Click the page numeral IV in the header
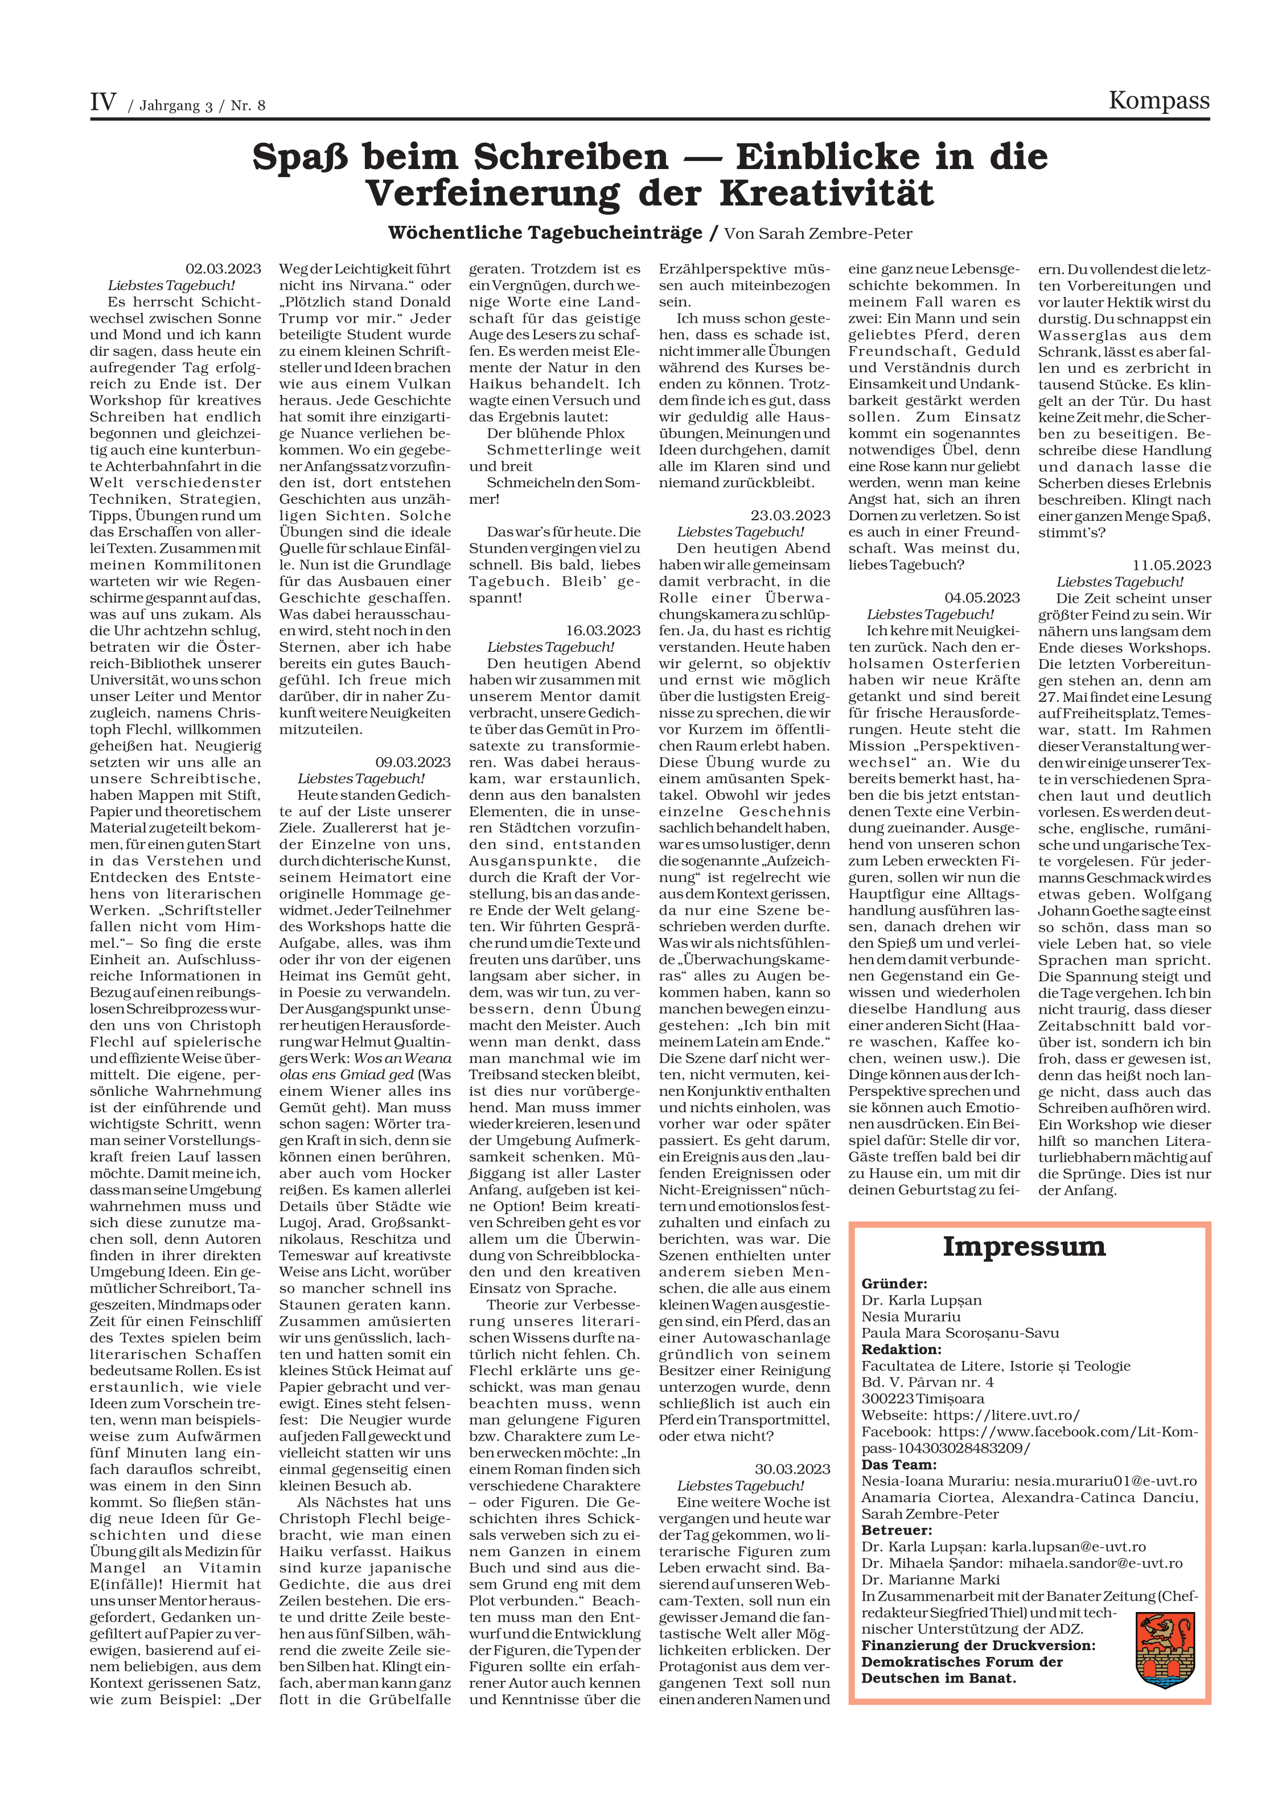(103, 102)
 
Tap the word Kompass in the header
(1158, 101)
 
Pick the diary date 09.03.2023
(412, 762)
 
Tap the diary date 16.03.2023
(603, 630)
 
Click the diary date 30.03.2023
(792, 1469)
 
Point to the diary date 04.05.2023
(981, 597)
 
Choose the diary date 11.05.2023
(1172, 565)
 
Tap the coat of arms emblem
(1165, 1650)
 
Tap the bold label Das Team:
(899, 1464)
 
